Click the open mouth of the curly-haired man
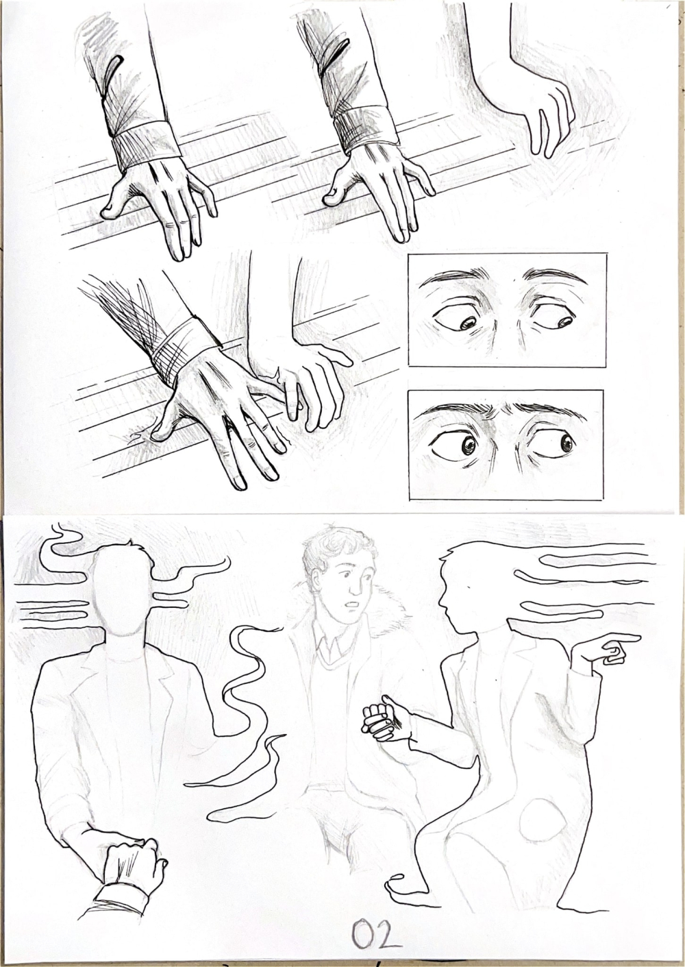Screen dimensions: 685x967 353,602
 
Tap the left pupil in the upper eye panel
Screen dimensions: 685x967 468,323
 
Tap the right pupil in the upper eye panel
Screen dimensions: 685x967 564,321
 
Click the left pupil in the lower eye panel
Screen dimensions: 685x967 469,445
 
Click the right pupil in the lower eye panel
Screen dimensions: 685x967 566,443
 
